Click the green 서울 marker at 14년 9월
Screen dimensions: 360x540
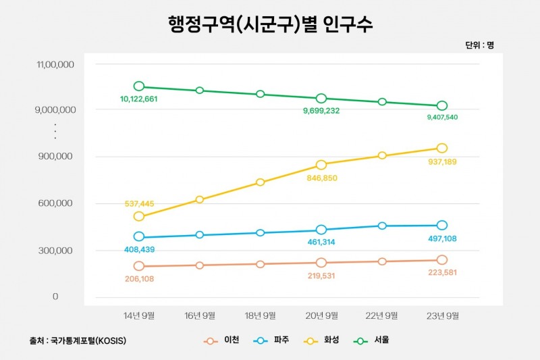point(139,86)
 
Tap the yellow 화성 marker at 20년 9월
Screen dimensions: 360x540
point(321,165)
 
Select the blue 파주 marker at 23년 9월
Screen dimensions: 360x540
point(442,226)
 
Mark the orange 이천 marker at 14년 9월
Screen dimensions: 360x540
point(139,266)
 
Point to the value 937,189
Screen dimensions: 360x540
point(442,162)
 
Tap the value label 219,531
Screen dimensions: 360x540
point(321,276)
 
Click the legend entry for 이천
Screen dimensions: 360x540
point(221,340)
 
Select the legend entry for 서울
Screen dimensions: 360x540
point(372,340)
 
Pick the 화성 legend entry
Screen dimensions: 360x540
point(322,340)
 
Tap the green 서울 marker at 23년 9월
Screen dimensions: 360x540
point(442,106)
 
